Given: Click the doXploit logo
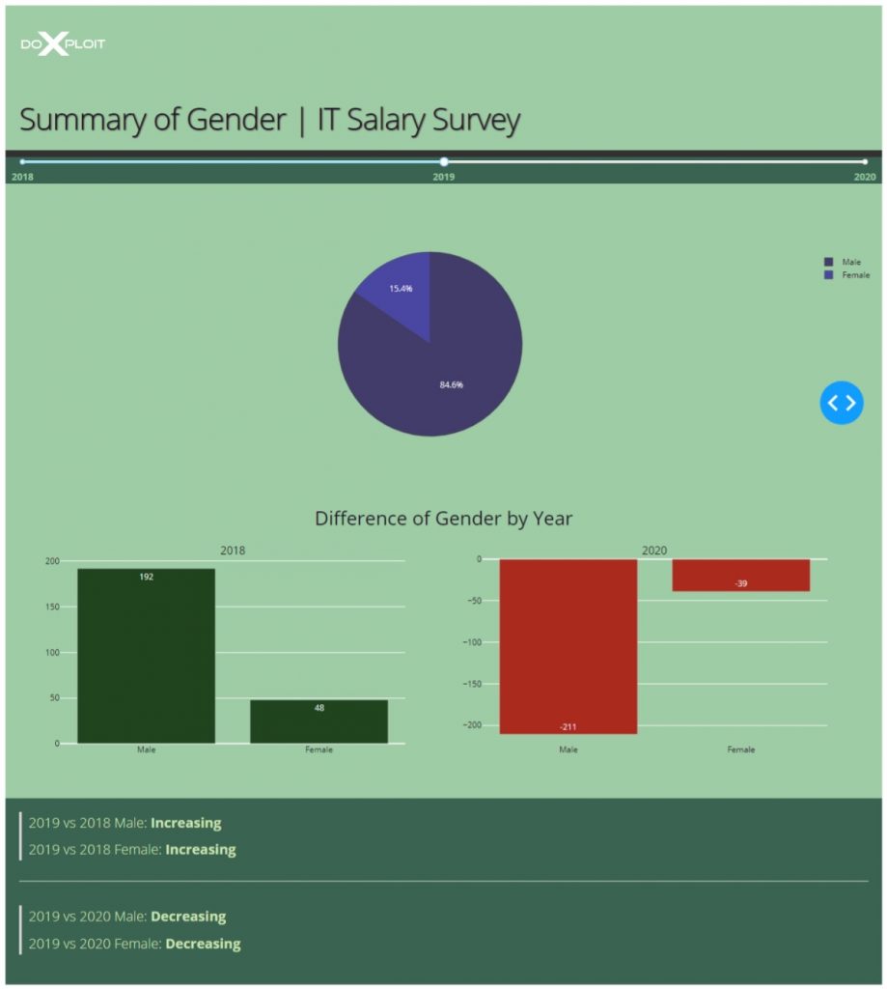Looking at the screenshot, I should (x=63, y=44).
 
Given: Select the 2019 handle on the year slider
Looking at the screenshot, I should (x=444, y=162).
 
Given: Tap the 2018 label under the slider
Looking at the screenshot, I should (x=22, y=178).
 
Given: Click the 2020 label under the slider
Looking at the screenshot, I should (x=865, y=178).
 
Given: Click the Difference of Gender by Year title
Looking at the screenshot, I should (x=443, y=519).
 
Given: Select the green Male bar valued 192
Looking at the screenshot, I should (x=146, y=657).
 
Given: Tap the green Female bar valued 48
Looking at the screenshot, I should (x=319, y=722).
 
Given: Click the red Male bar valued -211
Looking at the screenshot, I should (x=568, y=647).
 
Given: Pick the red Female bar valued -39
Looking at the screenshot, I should (x=740, y=575).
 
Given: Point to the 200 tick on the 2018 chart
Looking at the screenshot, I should (x=52, y=561).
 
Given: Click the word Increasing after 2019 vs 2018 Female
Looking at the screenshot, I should (x=200, y=850).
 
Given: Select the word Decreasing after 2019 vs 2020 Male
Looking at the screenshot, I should (x=188, y=917).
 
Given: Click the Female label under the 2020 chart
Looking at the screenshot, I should (x=740, y=749).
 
